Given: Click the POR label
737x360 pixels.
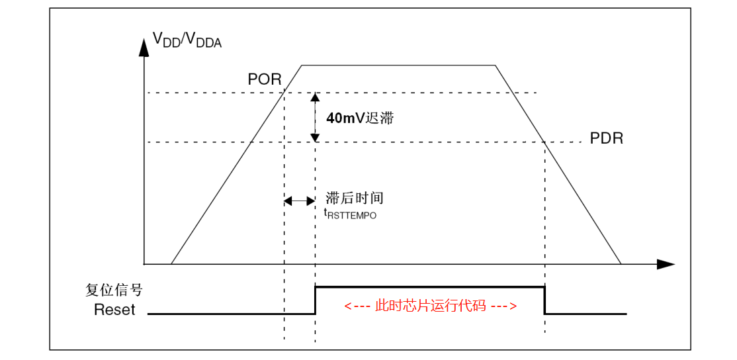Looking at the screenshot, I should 265,79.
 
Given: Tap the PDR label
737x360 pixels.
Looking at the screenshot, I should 607,139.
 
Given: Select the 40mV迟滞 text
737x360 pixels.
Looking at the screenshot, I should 360,118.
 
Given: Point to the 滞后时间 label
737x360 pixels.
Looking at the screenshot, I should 355,198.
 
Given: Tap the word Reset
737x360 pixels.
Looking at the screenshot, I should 114,310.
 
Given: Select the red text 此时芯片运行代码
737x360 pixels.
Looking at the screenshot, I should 431,306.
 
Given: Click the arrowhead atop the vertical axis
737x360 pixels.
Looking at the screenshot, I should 144,46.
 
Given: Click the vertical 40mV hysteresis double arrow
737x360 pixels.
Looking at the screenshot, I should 316,117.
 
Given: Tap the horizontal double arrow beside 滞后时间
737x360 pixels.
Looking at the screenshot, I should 300,200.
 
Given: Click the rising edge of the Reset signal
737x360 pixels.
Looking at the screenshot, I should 316,300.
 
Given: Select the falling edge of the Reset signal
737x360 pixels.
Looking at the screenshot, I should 544,300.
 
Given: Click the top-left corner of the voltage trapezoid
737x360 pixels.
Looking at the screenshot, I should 302,65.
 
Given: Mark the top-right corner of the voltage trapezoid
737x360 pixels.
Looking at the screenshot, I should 496,65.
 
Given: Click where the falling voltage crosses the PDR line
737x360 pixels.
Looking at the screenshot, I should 543,142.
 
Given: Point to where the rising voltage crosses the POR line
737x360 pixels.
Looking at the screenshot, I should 284,93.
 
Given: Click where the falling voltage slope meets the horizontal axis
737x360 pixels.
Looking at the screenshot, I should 621,264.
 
